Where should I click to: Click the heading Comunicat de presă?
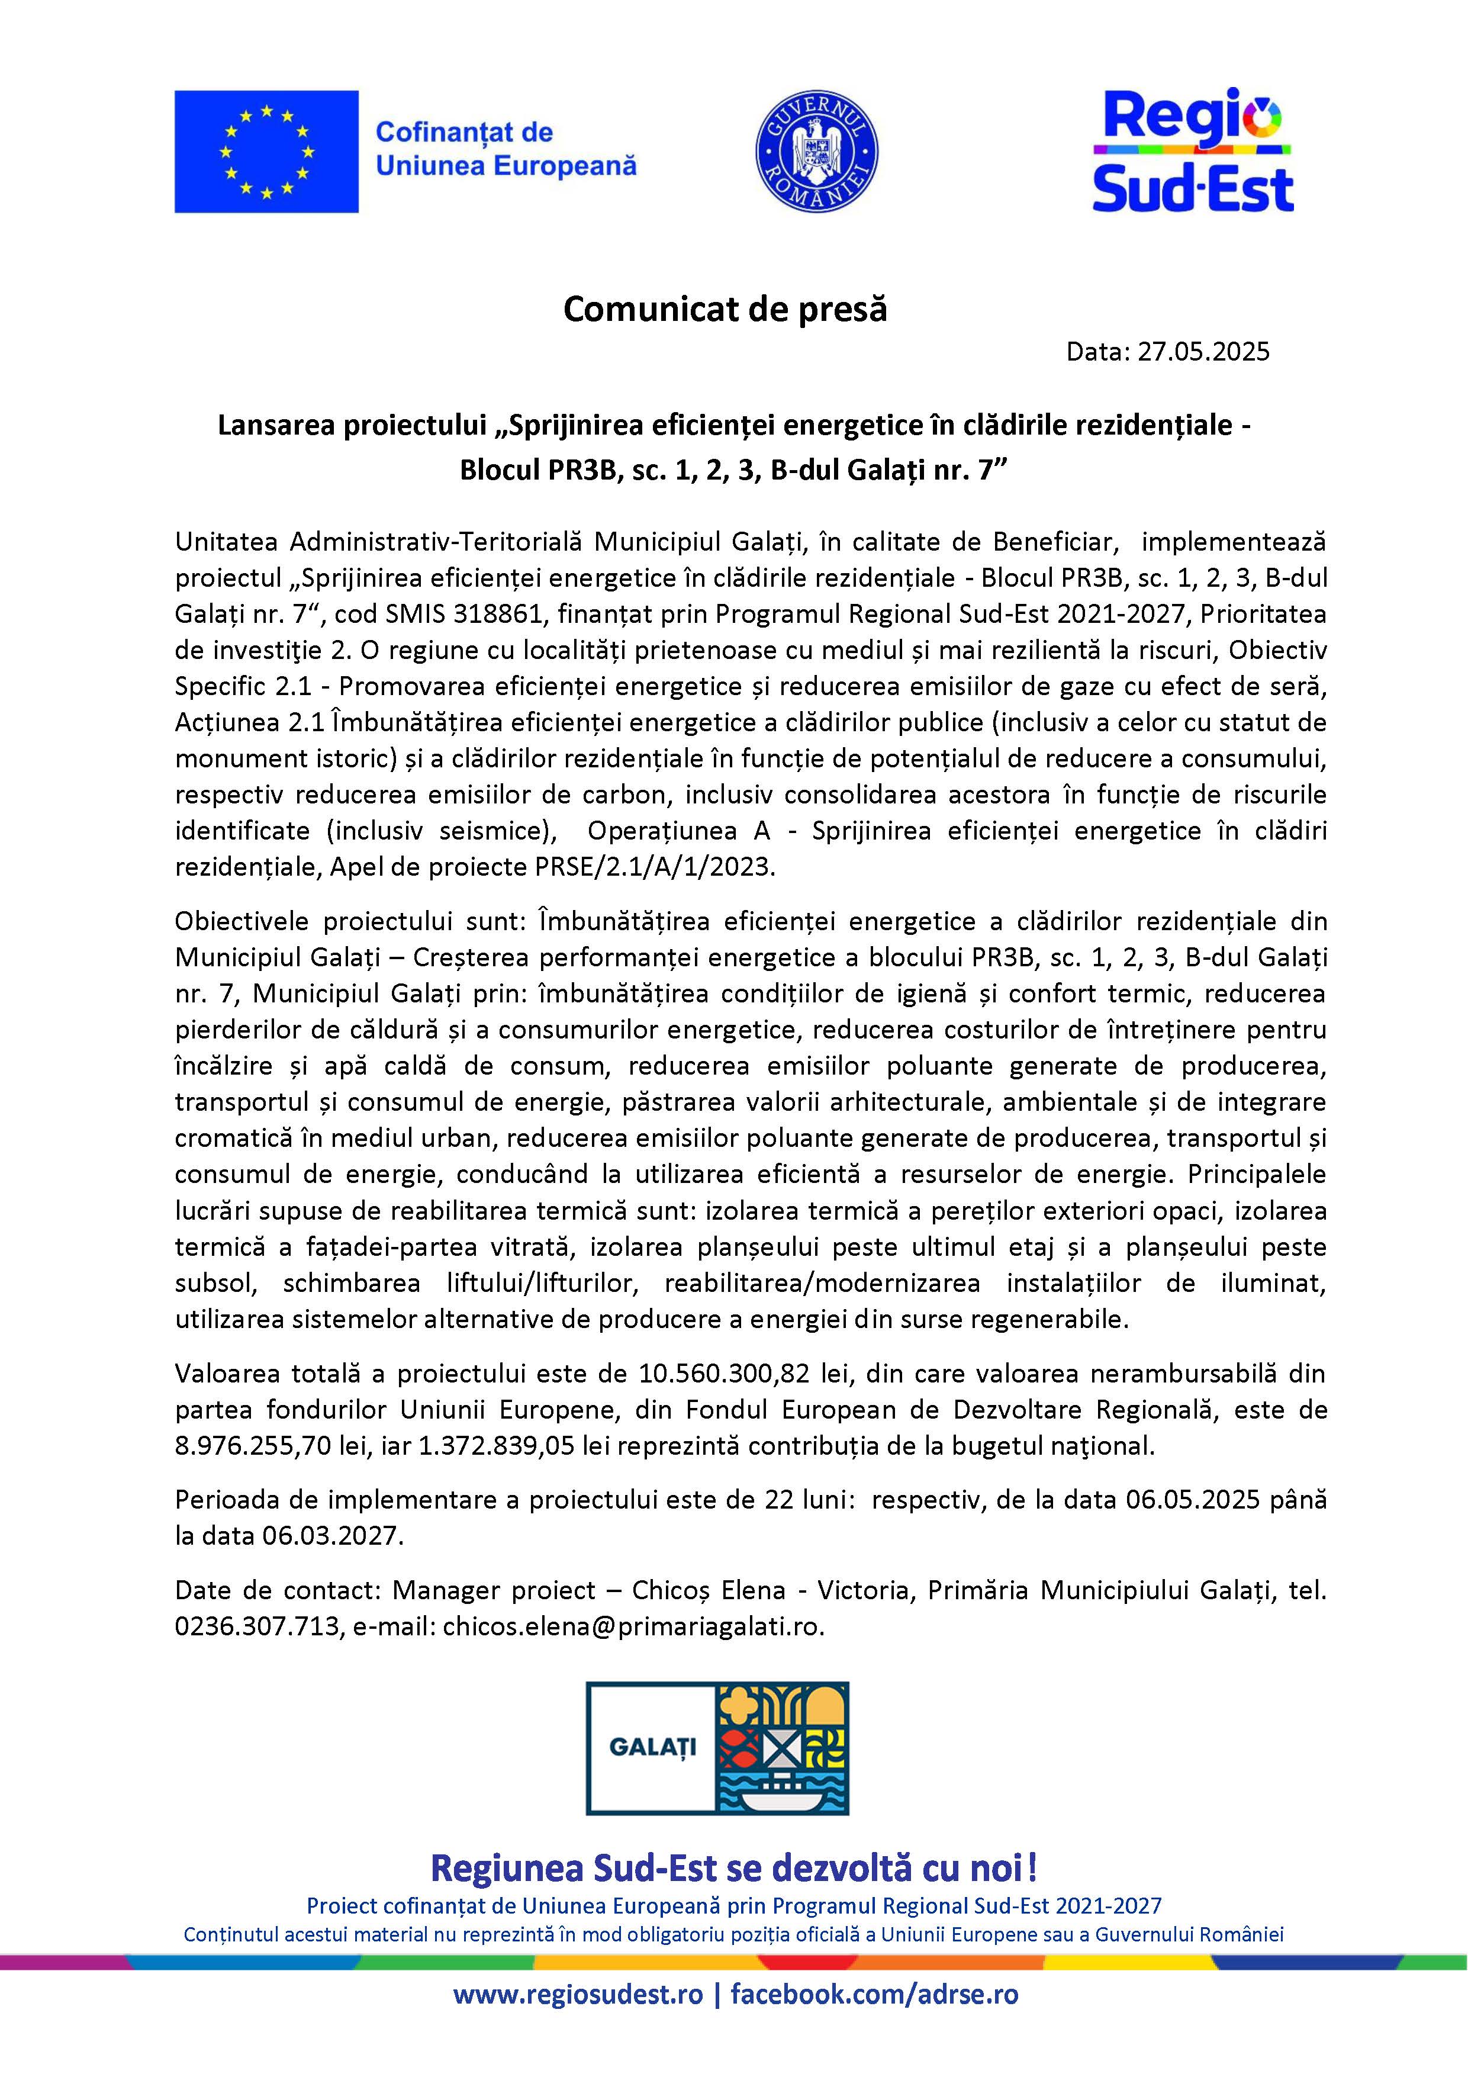[725, 310]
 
